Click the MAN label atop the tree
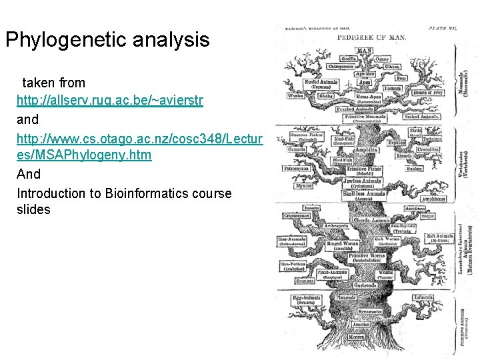(365, 51)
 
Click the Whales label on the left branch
(295, 96)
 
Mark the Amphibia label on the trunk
(366, 151)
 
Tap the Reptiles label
(397, 143)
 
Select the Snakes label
(415, 169)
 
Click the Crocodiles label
(427, 149)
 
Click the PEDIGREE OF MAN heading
(371, 37)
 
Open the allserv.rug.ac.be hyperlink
(110, 101)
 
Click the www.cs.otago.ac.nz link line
(140, 138)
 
